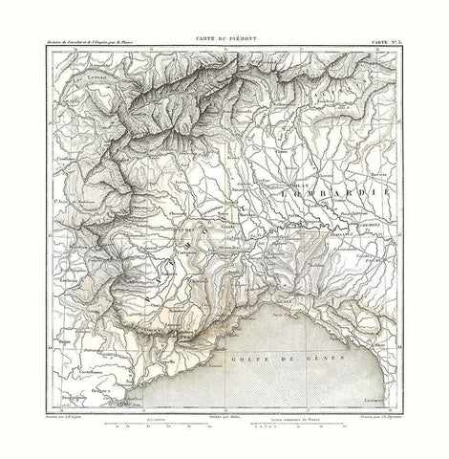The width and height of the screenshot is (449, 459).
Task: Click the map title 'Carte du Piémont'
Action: (x=225, y=32)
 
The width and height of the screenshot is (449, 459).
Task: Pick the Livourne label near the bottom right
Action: (x=375, y=391)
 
